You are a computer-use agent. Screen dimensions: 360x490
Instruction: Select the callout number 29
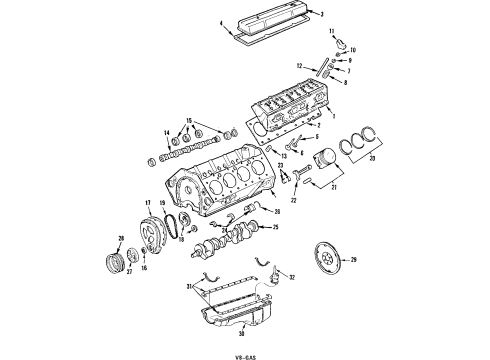click(x=353, y=260)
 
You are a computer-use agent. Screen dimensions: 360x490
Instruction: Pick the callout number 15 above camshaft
click(x=184, y=120)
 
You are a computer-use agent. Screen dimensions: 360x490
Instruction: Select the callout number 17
click(x=147, y=203)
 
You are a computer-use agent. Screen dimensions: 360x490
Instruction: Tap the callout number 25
click(x=275, y=255)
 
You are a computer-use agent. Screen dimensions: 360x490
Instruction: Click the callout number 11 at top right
click(x=332, y=33)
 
